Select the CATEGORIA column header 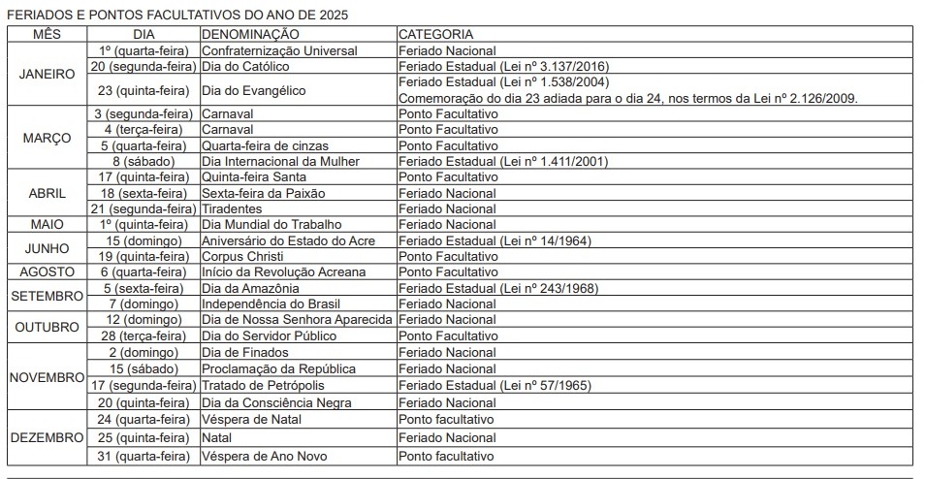(x=435, y=34)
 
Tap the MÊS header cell (x=47, y=34)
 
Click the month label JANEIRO (x=47, y=74)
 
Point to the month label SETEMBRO (x=47, y=296)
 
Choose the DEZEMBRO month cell (x=47, y=438)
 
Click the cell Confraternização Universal (x=279, y=50)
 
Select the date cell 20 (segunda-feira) (x=144, y=67)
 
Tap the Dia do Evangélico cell (x=253, y=90)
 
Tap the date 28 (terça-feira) (x=144, y=336)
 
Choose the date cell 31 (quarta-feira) (x=144, y=456)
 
